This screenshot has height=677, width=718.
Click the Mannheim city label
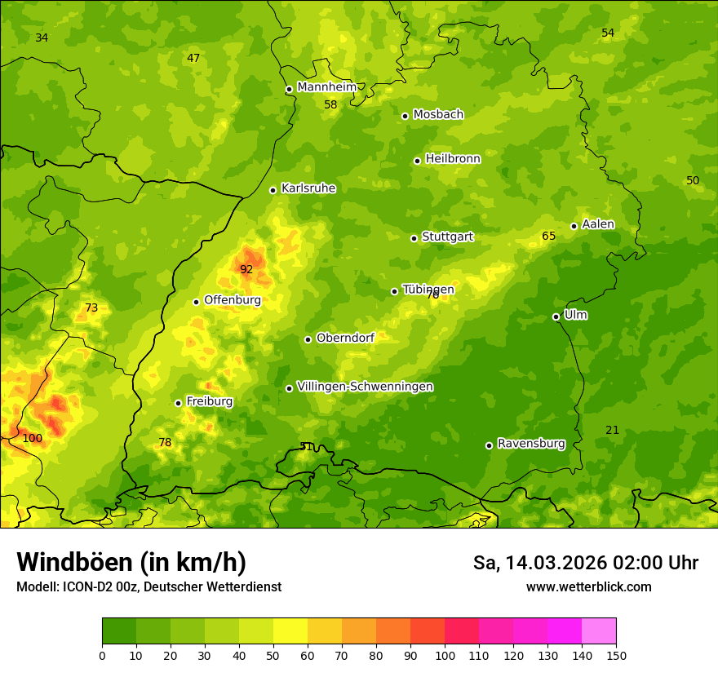(x=327, y=87)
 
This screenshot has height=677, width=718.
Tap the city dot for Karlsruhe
(x=273, y=190)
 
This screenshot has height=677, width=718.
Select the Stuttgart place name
(x=447, y=237)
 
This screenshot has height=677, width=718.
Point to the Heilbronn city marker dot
(x=417, y=161)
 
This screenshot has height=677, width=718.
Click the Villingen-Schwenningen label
(x=365, y=387)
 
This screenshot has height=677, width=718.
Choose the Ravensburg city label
(x=531, y=444)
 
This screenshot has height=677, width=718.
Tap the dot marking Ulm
(x=556, y=316)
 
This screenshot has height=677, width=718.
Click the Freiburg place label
(x=210, y=401)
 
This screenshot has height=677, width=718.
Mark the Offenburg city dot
(x=196, y=302)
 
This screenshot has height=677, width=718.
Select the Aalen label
(x=598, y=224)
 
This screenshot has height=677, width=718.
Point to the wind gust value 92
(x=246, y=269)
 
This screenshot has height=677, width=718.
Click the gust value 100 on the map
(x=32, y=438)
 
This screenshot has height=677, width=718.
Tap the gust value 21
(x=612, y=430)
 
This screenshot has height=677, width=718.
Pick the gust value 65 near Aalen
(x=549, y=237)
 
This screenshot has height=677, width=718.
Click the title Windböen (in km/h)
(x=131, y=562)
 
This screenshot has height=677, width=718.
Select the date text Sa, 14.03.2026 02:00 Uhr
(x=585, y=563)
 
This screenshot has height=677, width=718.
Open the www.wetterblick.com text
(x=588, y=586)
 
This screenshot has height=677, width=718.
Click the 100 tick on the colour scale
(x=445, y=655)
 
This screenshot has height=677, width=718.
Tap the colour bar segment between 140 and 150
(x=599, y=631)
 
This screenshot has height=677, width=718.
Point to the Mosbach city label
(x=438, y=114)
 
